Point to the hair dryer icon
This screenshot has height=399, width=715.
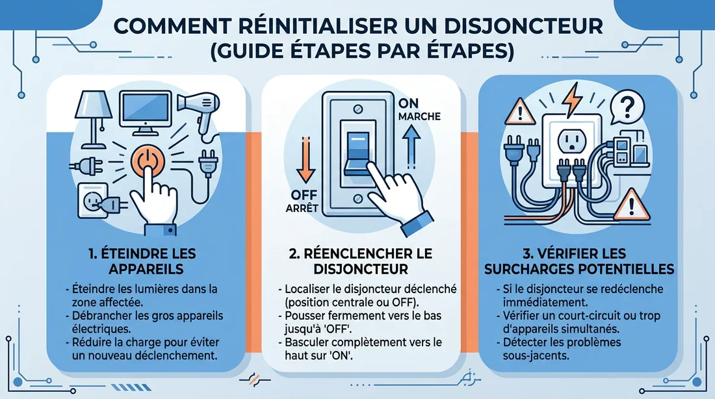(x=200, y=110)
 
